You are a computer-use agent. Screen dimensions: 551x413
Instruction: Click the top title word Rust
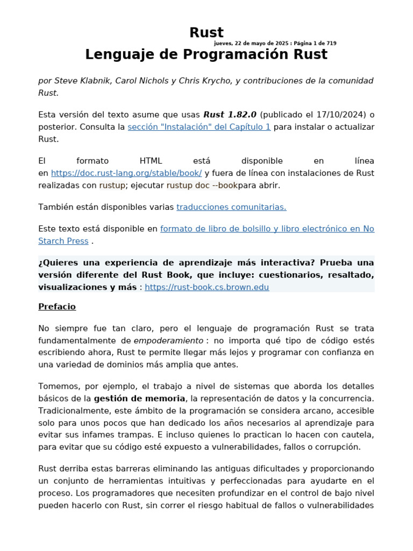tap(206, 32)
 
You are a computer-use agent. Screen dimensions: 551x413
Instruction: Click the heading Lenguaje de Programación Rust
tap(206, 54)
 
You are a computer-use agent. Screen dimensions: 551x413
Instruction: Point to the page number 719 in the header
tap(331, 43)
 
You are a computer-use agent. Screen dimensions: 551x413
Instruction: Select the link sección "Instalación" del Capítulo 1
tap(199, 127)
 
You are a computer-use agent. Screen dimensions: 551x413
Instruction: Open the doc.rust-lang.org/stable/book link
tap(126, 173)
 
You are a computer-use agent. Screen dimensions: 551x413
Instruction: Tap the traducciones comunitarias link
tap(231, 207)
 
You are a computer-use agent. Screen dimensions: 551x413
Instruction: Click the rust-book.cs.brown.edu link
tap(207, 287)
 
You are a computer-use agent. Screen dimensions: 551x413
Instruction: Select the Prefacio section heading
tap(57, 307)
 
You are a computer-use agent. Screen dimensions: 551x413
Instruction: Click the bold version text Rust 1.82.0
tap(230, 115)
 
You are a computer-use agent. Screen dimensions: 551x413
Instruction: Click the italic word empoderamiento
tap(168, 341)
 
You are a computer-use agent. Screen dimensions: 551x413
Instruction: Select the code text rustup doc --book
tap(202, 186)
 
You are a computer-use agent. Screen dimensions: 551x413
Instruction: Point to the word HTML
tap(151, 161)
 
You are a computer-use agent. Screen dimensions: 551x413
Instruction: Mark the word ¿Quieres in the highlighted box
tap(56, 263)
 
